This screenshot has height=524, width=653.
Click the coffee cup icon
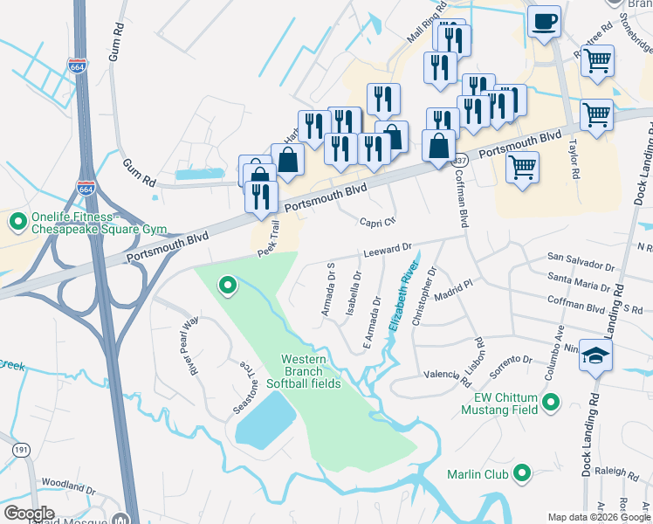point(544,21)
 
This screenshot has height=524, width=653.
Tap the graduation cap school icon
point(596,355)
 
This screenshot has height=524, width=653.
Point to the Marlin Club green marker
point(523,474)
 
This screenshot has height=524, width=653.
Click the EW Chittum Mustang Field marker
point(550,403)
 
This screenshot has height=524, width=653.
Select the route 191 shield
point(19,449)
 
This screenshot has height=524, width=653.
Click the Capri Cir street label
point(379,222)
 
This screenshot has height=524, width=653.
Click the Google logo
point(29,514)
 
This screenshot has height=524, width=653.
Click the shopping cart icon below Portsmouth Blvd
point(522,166)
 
